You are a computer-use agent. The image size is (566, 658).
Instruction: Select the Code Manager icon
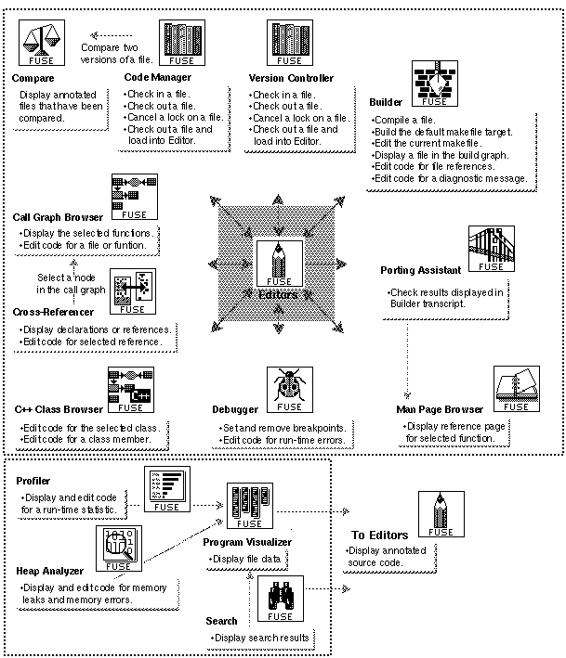pyautogui.click(x=182, y=42)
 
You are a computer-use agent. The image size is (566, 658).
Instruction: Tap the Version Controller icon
pyautogui.click(x=291, y=44)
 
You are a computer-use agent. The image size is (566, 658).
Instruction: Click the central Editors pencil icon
pyautogui.click(x=279, y=263)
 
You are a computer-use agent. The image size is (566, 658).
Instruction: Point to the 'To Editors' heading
pyautogui.click(x=378, y=535)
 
